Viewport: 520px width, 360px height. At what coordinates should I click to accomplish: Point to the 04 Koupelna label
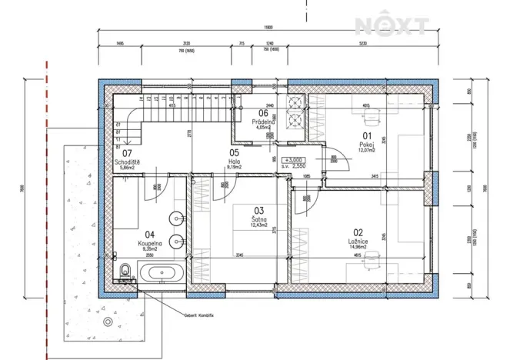[150, 242]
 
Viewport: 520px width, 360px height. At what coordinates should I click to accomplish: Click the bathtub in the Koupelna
[161, 272]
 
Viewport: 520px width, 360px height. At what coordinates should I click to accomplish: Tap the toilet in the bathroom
[125, 269]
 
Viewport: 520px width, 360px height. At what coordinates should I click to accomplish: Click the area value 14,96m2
[360, 247]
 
